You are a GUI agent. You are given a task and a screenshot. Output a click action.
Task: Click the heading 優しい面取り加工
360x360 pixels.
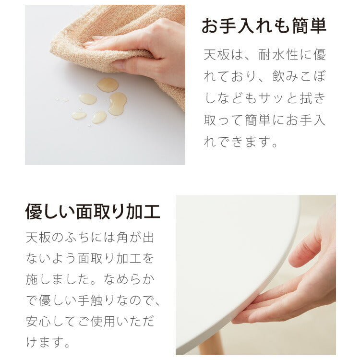(93, 212)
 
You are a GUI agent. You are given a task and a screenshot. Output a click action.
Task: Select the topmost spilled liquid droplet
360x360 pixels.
(108, 85)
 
